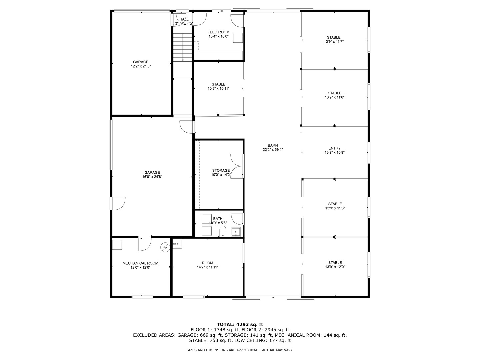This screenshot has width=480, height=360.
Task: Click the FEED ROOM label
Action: point(218,32)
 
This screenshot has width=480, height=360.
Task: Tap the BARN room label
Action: point(273,145)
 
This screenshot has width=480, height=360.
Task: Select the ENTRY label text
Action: point(334,148)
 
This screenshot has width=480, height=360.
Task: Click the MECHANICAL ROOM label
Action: point(140,263)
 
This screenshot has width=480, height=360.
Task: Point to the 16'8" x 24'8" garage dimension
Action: point(152,177)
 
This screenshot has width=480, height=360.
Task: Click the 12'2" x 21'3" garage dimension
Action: point(141,66)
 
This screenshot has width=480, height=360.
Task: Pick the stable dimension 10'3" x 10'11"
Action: point(218,89)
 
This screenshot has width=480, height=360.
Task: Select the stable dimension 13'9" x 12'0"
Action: point(335,267)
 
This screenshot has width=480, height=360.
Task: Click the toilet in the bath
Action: point(223,231)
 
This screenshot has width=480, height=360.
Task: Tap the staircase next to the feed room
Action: point(183,47)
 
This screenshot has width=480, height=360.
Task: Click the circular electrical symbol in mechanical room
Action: point(165,247)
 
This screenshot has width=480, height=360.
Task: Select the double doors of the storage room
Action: point(237,166)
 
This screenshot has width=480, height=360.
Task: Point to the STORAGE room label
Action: point(221,170)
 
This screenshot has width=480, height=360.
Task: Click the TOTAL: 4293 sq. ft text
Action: point(240,324)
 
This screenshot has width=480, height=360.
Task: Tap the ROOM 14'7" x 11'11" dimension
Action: point(207,267)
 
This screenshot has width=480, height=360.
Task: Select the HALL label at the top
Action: point(184,19)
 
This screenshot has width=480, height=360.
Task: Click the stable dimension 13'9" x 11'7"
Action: point(334,42)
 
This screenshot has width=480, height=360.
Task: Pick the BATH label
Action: point(218,219)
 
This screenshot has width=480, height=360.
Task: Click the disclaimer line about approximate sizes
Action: point(240,350)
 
